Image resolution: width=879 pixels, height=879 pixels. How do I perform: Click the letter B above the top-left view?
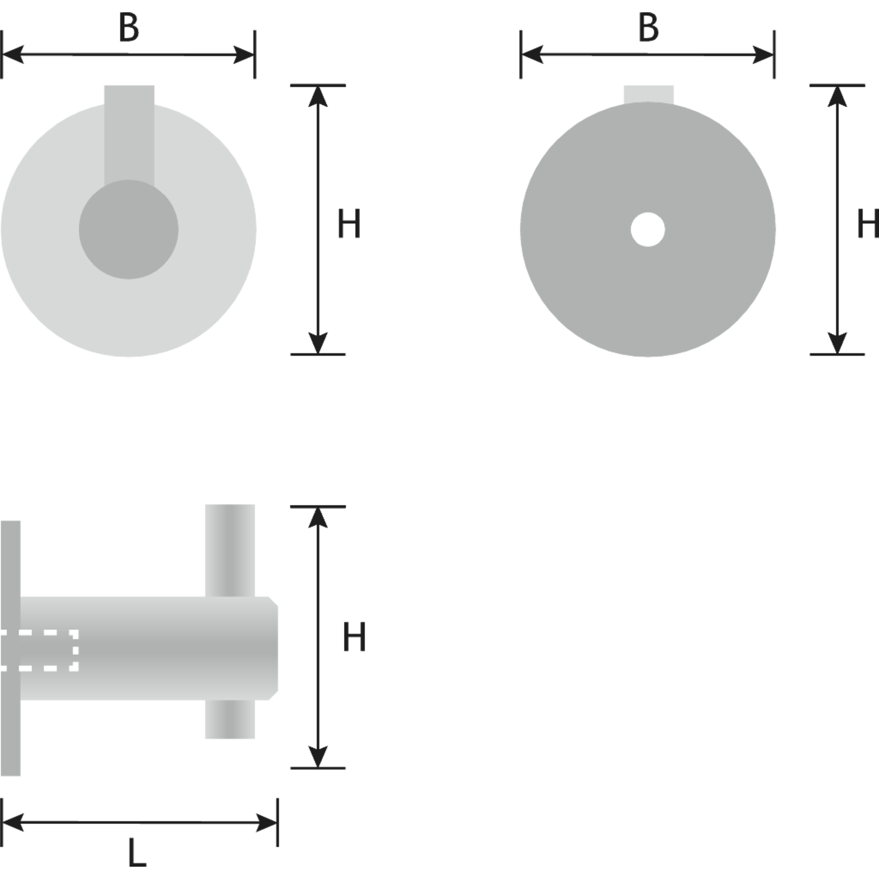(x=129, y=28)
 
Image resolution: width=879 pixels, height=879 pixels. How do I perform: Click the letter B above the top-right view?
(x=648, y=28)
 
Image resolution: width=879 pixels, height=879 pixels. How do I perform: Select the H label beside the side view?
(x=354, y=637)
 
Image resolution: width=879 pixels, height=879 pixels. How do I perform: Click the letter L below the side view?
(x=137, y=853)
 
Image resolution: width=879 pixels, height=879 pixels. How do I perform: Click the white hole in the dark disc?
(x=648, y=229)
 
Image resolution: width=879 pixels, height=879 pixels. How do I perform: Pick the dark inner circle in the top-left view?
(x=129, y=229)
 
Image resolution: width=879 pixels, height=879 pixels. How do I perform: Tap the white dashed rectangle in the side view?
(x=39, y=650)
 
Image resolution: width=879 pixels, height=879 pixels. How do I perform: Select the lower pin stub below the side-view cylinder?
(x=230, y=719)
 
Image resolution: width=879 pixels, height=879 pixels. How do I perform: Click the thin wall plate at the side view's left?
(x=11, y=648)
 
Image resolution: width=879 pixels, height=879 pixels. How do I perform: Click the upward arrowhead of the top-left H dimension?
(x=318, y=96)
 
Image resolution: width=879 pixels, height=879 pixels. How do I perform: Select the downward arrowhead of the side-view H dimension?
(x=318, y=757)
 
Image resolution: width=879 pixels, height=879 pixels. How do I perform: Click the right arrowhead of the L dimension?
(x=267, y=822)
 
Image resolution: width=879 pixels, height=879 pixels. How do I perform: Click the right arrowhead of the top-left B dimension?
(x=244, y=55)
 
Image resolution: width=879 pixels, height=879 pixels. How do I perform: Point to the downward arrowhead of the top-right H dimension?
(x=837, y=343)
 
